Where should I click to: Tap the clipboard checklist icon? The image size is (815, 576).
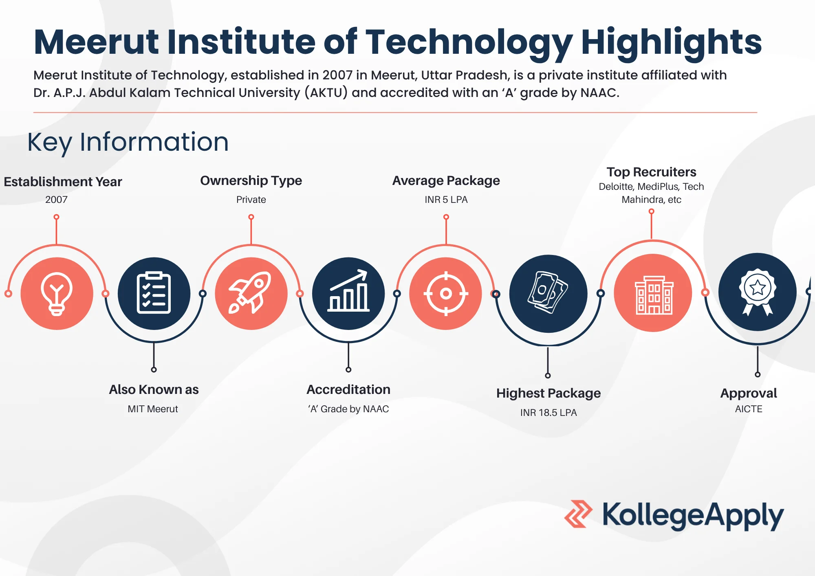[154, 293]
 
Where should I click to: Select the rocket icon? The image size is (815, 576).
[250, 292]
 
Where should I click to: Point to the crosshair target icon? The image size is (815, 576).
[446, 293]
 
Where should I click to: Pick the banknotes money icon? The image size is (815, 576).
[548, 292]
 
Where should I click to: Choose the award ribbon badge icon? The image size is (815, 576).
[758, 292]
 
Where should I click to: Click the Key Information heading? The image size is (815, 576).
[128, 142]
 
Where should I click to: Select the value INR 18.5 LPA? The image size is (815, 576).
[548, 413]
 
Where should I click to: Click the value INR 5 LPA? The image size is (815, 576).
[446, 200]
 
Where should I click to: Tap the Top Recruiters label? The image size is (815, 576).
[651, 172]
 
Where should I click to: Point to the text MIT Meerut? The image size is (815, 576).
[153, 409]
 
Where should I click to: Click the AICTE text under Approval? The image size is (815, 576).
[749, 409]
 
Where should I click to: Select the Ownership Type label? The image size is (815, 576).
[251, 180]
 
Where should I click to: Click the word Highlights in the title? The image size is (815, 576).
[671, 42]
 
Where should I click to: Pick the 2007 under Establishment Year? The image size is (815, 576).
[56, 200]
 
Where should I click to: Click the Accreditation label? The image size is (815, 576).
[348, 389]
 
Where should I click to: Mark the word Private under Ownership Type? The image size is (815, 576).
[251, 200]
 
